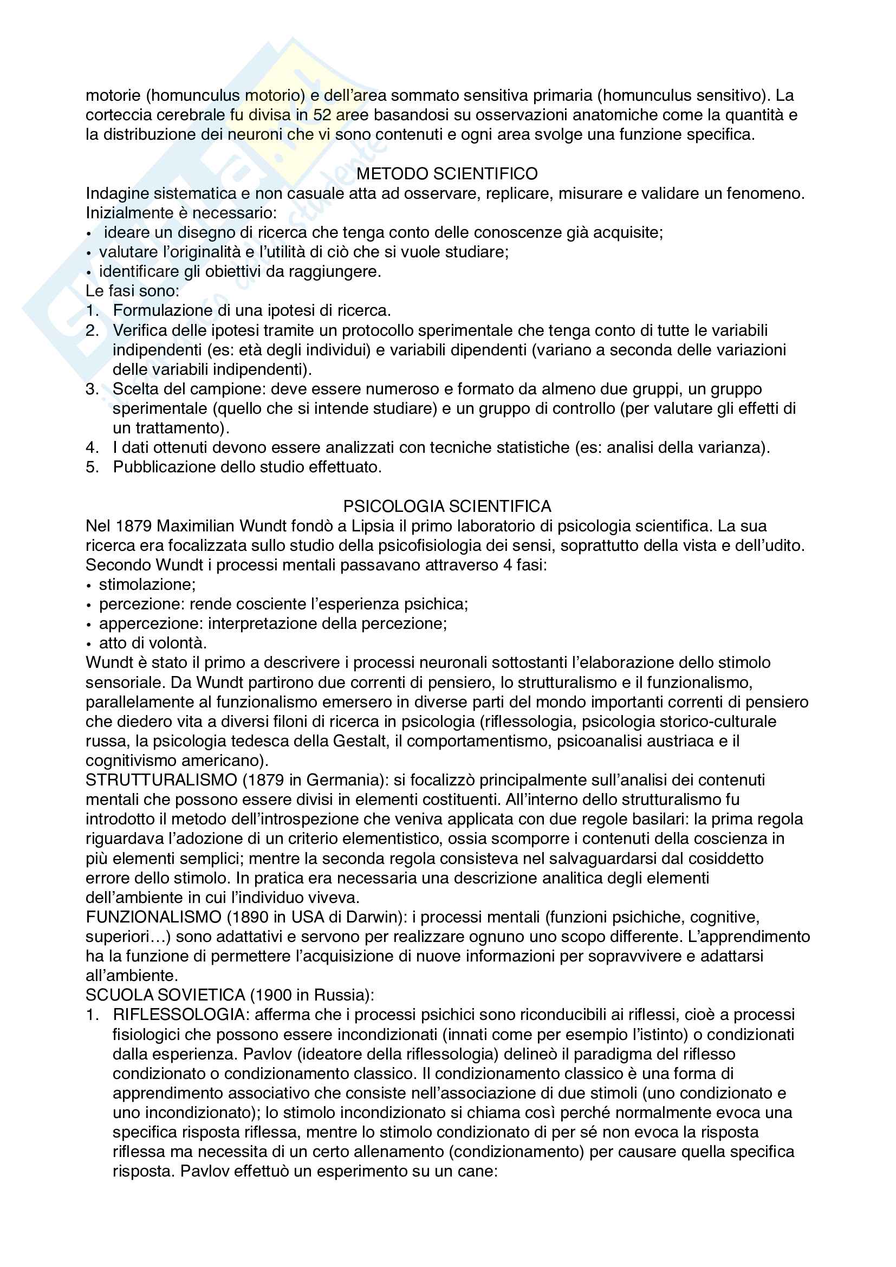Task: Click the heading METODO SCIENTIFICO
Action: point(447,174)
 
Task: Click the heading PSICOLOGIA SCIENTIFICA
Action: point(447,506)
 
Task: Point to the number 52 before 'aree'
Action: point(322,115)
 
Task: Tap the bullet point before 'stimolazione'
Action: point(89,586)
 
